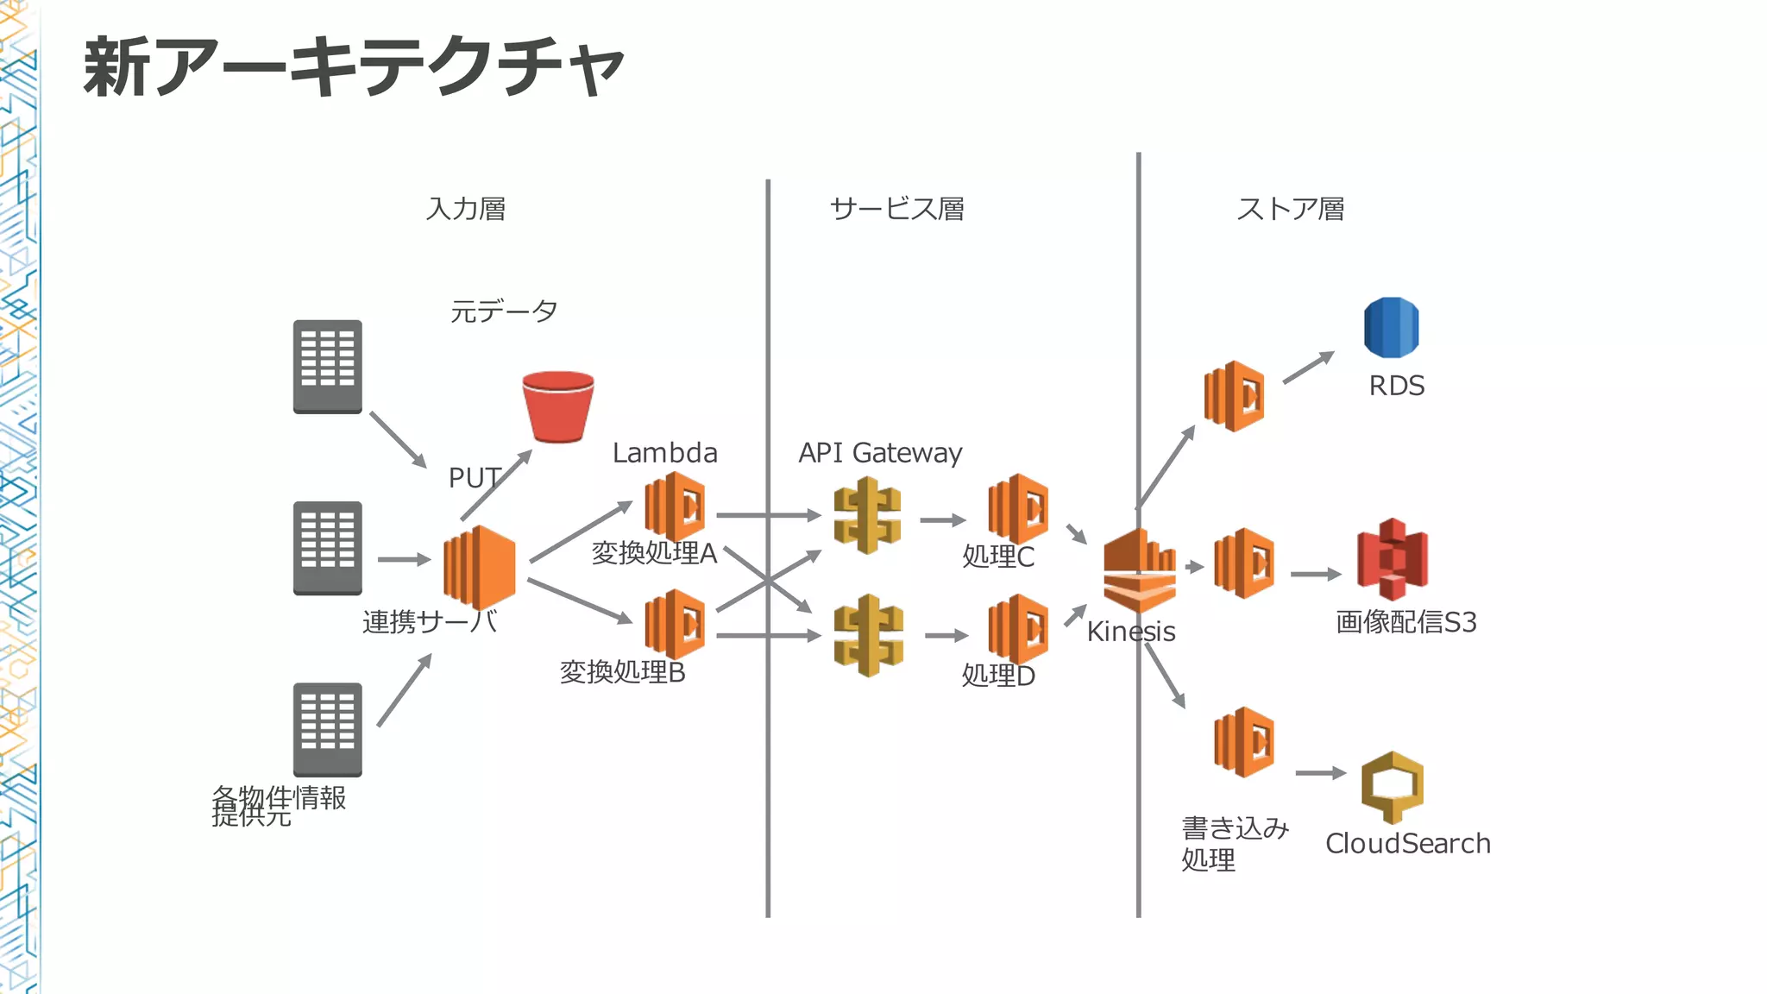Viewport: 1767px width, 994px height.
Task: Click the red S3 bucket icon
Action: pos(558,406)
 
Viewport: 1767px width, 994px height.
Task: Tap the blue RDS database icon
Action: pos(1391,328)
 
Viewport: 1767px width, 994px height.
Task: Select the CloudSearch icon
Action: pos(1392,786)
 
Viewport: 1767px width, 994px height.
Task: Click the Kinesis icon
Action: pos(1139,571)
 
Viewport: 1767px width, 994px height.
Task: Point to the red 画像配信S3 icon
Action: pos(1392,559)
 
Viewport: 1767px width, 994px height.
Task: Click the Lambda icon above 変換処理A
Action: pos(675,506)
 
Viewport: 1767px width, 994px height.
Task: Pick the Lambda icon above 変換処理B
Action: pos(675,624)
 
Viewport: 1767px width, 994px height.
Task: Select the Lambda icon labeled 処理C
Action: pos(1018,509)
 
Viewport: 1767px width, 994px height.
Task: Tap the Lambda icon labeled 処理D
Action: pos(1018,629)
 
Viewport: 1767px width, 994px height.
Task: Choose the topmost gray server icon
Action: pos(327,367)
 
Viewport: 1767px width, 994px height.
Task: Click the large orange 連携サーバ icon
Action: pos(480,567)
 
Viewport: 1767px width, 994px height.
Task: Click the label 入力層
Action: pos(466,209)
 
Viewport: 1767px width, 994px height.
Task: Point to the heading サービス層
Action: pos(896,209)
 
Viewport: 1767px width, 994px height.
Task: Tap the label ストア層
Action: pos(1290,209)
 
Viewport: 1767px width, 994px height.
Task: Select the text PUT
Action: pos(474,478)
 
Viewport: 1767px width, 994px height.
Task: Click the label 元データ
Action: pos(504,311)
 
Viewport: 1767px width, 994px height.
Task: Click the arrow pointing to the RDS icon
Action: pos(1308,368)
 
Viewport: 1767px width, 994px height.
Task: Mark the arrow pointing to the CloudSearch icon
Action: pos(1320,773)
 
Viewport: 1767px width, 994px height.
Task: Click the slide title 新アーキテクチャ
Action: pos(354,67)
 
